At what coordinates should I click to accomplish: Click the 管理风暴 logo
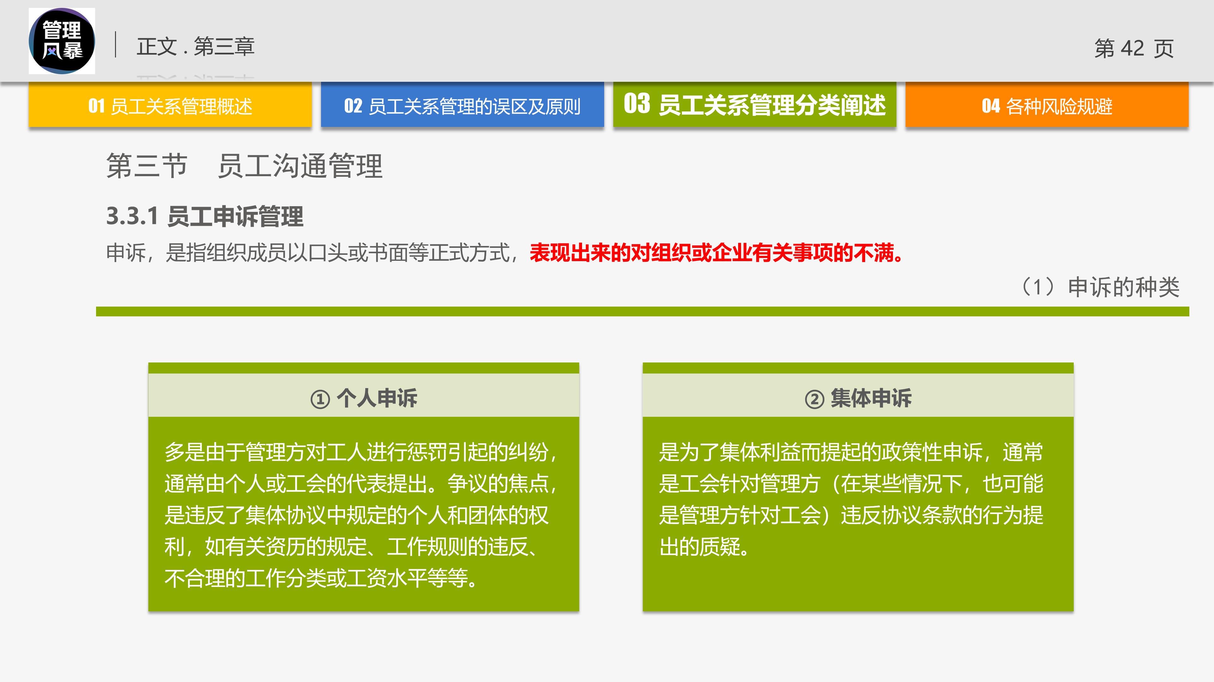point(62,41)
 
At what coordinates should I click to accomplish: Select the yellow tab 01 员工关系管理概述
point(170,105)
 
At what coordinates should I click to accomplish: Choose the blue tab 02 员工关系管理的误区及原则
point(462,105)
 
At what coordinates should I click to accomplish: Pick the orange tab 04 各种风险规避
point(1047,105)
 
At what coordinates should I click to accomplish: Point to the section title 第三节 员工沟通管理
point(244,166)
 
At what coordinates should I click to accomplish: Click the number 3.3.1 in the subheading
point(132,216)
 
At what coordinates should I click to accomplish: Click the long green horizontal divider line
point(642,311)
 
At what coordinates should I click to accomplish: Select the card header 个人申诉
point(377,398)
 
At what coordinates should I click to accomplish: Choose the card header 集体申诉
point(871,398)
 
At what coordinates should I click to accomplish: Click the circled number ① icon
point(320,399)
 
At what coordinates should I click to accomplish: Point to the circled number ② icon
point(814,399)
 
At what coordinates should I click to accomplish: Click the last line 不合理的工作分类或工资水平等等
point(320,578)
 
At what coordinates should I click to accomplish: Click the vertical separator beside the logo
point(115,45)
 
